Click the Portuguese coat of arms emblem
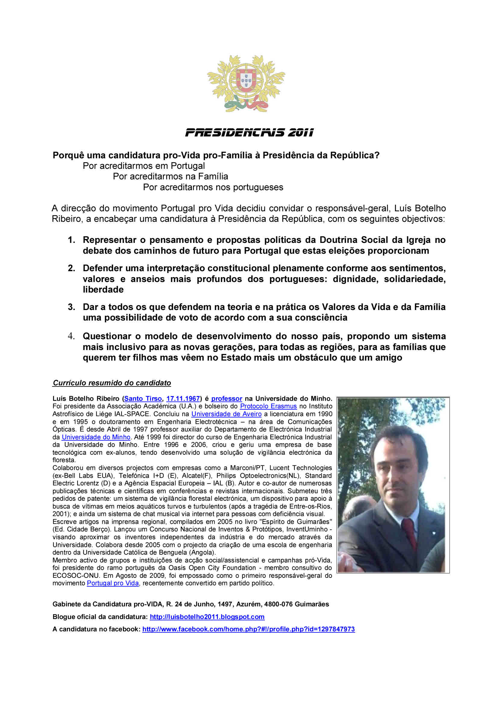pyautogui.click(x=246, y=83)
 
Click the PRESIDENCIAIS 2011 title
pyautogui.click(x=249, y=133)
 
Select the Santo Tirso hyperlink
pyautogui.click(x=143, y=399)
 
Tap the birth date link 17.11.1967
pyautogui.click(x=183, y=399)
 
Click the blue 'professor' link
pyautogui.click(x=227, y=399)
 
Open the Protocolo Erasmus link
pyautogui.click(x=268, y=406)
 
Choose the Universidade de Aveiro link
pyautogui.click(x=227, y=414)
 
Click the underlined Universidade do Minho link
pyautogui.click(x=96, y=437)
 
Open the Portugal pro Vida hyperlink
pyautogui.click(x=113, y=583)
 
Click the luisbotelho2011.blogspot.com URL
pyautogui.click(x=207, y=617)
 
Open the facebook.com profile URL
pyautogui.click(x=249, y=629)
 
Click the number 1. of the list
pyautogui.click(x=71, y=240)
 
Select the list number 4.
pyautogui.click(x=71, y=336)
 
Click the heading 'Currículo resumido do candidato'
pyautogui.click(x=112, y=383)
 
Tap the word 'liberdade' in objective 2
pyautogui.click(x=103, y=290)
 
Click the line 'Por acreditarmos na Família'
pyautogui.click(x=170, y=177)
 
